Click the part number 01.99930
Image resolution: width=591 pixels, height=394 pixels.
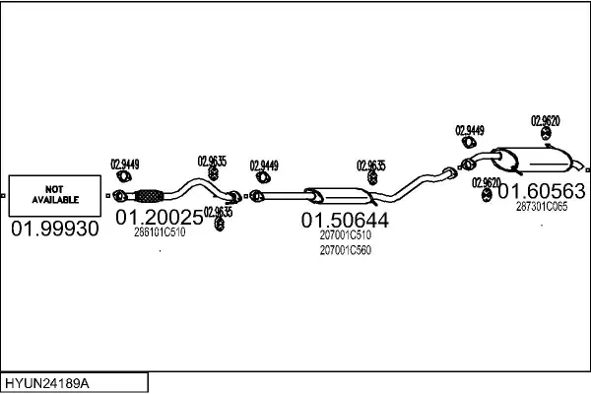coord(55,229)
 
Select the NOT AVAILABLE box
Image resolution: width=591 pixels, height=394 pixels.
coord(55,194)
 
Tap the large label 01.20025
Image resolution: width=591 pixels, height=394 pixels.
coord(160,216)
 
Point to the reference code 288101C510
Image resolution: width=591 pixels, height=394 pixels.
coord(160,232)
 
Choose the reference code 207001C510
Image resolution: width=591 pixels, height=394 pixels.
coord(345,236)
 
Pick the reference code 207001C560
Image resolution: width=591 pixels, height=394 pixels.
coord(345,251)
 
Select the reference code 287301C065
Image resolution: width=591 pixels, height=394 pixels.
coord(542,207)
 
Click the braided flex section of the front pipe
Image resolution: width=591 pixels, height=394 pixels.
coord(147,193)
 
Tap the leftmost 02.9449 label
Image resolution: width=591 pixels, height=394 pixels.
coord(124,164)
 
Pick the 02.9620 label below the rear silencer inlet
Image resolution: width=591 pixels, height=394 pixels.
coord(487,182)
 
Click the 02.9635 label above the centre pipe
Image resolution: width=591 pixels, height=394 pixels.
coord(371,165)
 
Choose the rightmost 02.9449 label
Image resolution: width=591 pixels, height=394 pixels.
coord(470,130)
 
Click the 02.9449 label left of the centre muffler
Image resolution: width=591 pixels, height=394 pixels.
coord(264,165)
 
